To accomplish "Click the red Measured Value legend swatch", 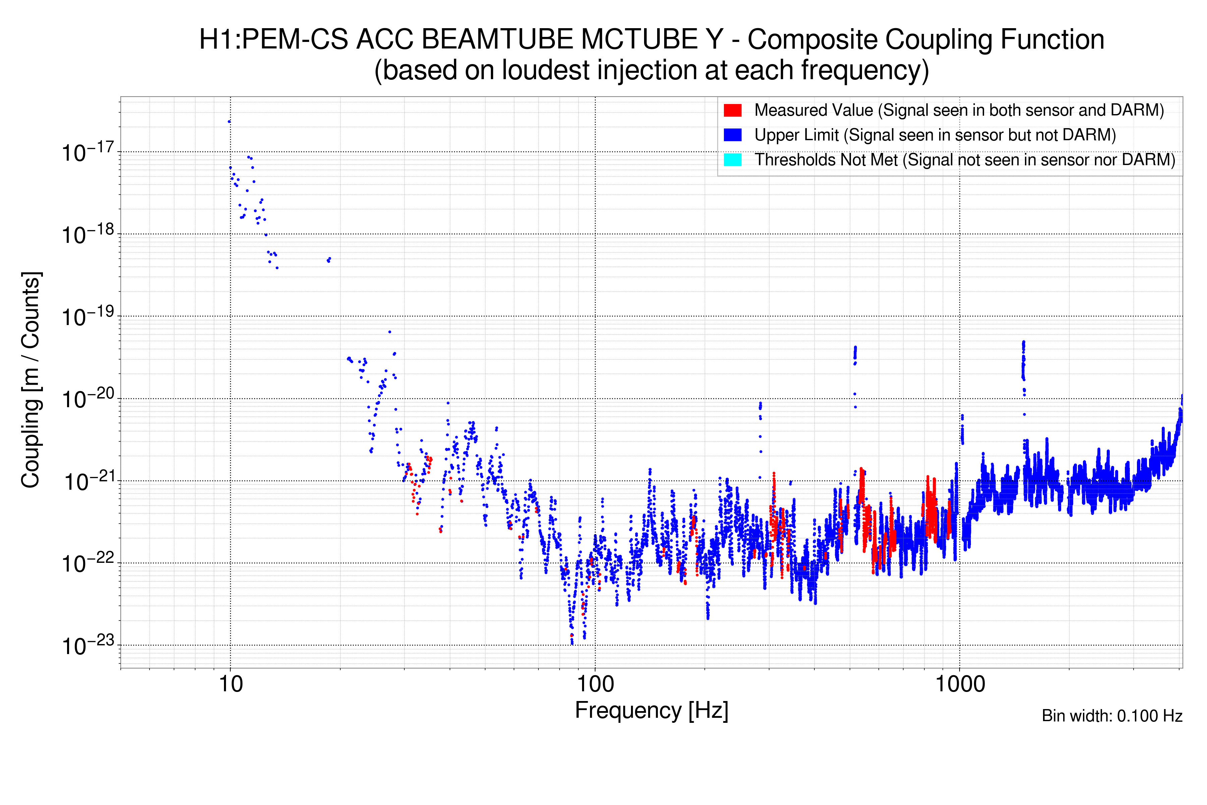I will coord(732,110).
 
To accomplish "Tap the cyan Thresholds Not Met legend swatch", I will coord(732,160).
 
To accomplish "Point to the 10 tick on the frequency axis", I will coord(230,684).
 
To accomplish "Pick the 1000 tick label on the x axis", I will coord(960,684).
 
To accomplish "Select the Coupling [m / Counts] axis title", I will coord(31,380).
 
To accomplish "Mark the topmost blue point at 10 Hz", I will coord(229,122).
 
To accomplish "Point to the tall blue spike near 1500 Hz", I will coord(1023,359).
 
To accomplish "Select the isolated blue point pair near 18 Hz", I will coord(329,260).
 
